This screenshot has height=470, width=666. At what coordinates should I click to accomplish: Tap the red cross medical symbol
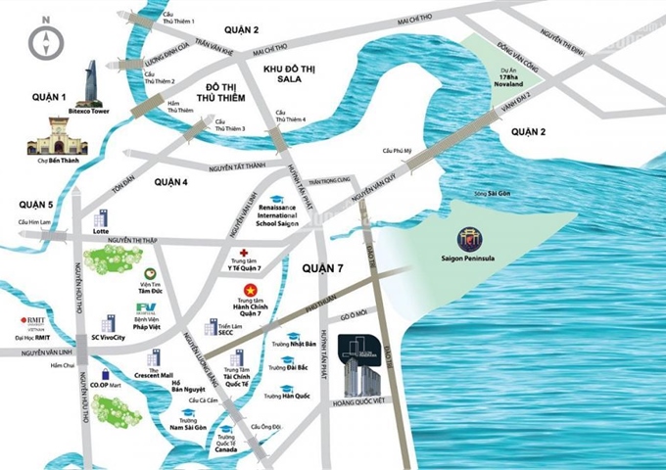coord(244,252)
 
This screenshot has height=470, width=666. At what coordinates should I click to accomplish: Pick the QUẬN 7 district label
coord(324,267)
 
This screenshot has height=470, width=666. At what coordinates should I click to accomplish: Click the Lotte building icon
coord(99,219)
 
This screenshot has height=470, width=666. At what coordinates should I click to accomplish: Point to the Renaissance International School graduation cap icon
coord(276,200)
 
